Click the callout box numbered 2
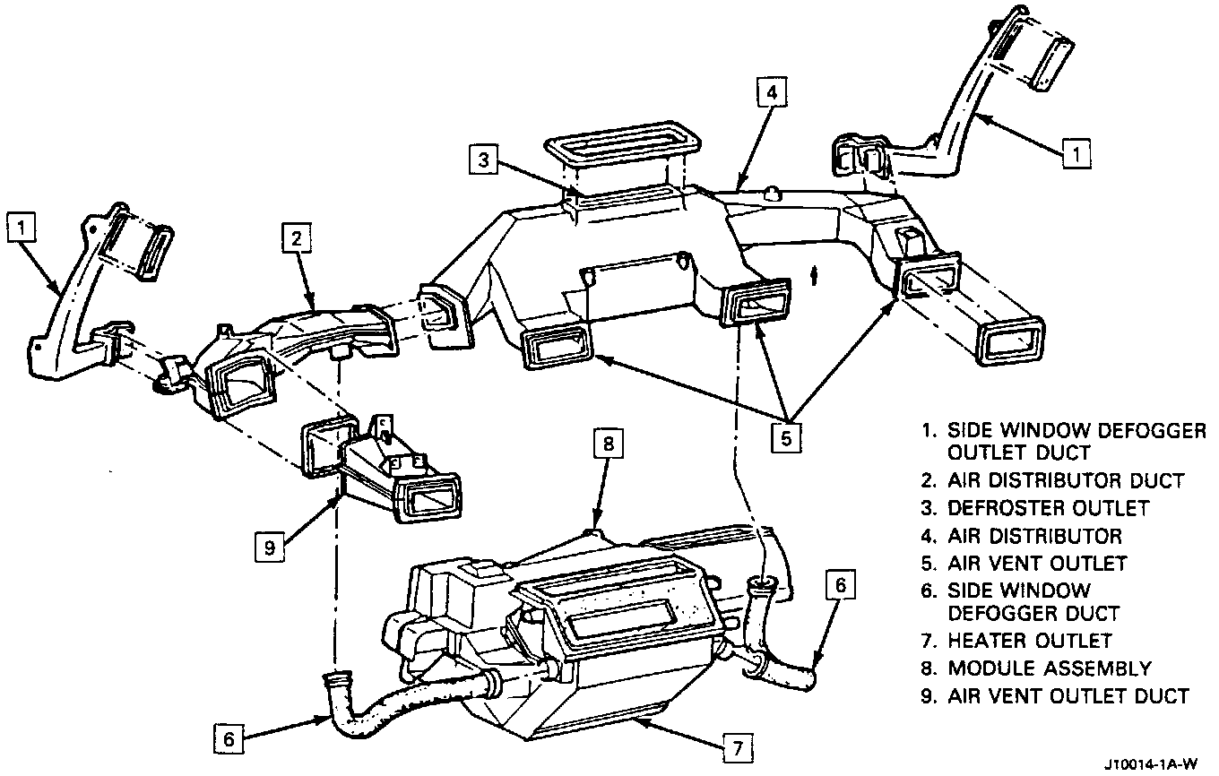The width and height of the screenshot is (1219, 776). click(x=297, y=239)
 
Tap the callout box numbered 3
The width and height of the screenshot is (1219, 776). click(x=483, y=160)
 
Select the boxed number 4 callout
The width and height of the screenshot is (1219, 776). click(x=773, y=93)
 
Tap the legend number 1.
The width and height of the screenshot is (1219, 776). click(x=926, y=430)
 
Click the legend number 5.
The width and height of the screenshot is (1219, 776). click(x=928, y=564)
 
